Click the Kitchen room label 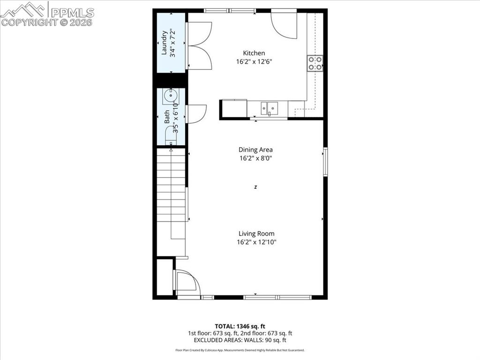[254, 53]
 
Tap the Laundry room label [165, 43]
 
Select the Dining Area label [255, 150]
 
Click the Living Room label [256, 233]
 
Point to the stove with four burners [315, 63]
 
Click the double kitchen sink [269, 108]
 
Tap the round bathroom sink [168, 97]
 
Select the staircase [171, 192]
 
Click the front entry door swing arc [188, 284]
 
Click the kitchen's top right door [285, 24]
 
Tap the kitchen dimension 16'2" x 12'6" [254, 61]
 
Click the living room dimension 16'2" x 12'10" [256, 242]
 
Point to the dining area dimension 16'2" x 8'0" [255, 158]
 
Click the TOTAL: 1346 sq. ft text [240, 326]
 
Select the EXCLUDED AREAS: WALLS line [240, 340]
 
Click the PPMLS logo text [72, 13]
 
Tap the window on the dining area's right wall [325, 162]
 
